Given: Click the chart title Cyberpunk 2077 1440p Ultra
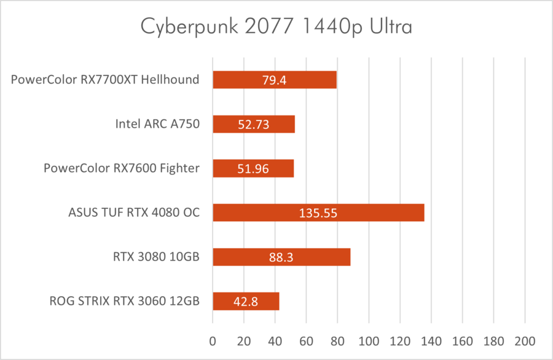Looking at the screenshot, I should [x=276, y=26].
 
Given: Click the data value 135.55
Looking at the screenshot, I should [x=318, y=213].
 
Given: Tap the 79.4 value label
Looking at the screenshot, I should [x=275, y=80].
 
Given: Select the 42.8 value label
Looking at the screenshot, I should [x=246, y=301].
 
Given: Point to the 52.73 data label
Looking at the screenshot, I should [x=254, y=124].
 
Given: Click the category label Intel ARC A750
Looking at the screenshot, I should [x=157, y=124].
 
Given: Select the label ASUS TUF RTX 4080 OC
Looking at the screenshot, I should [x=134, y=213].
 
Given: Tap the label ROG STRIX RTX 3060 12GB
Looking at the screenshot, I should [x=124, y=301].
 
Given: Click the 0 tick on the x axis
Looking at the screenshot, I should [x=213, y=340].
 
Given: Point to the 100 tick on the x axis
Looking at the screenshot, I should [x=369, y=340].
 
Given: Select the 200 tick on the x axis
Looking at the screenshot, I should [x=525, y=340].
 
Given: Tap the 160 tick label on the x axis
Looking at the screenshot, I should [x=462, y=340].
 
